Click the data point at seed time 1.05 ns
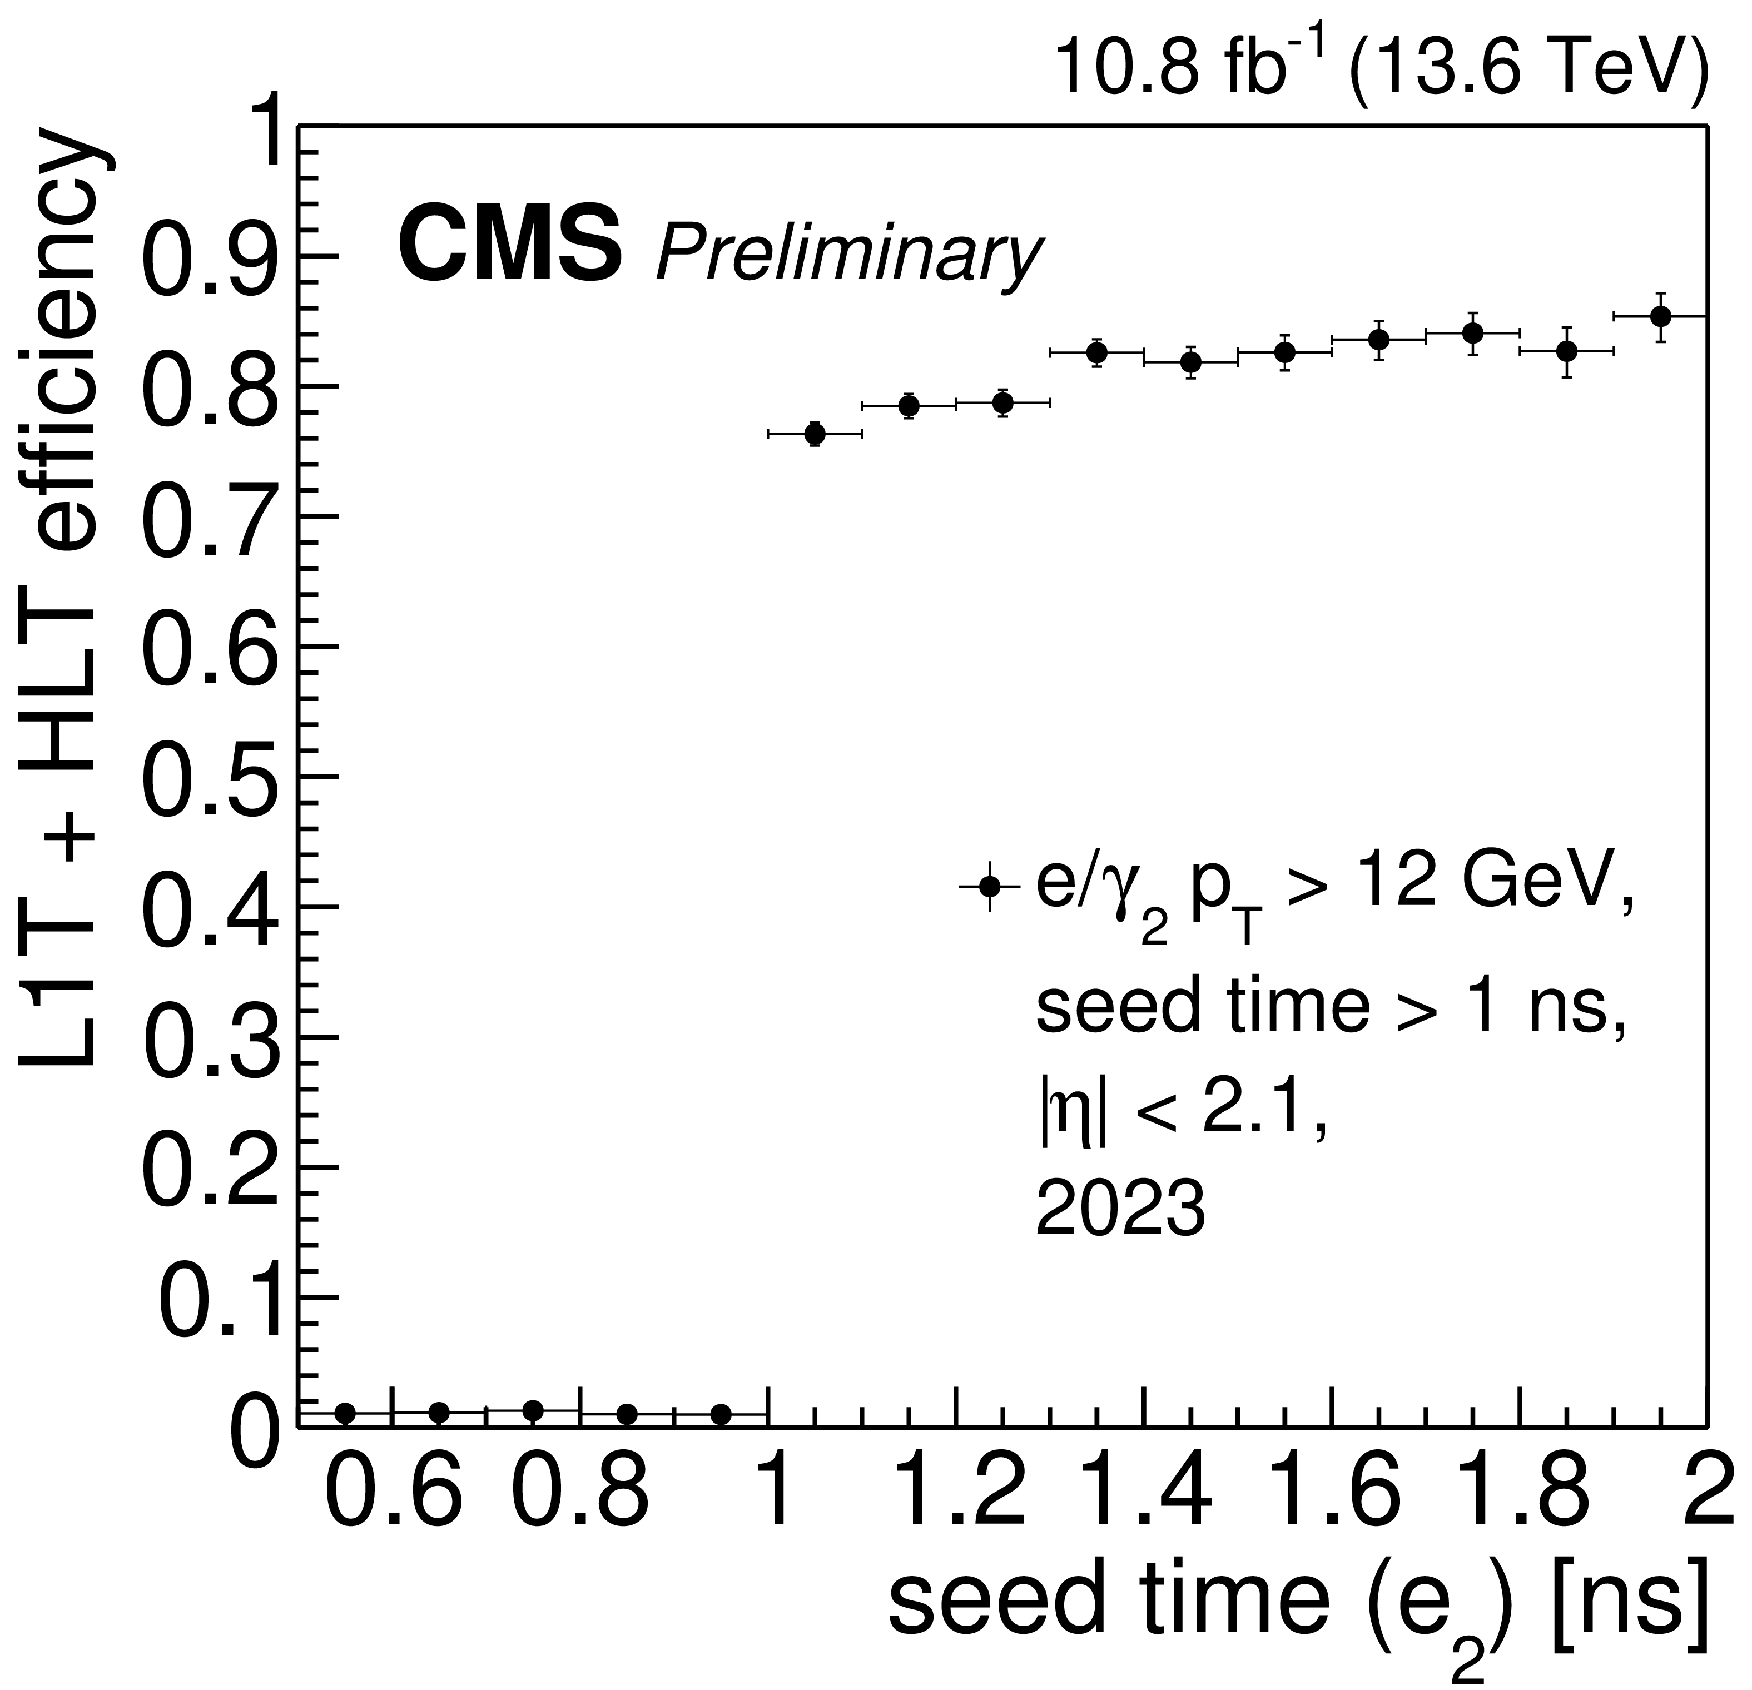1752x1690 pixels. click(815, 434)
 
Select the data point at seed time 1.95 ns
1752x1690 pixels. click(1660, 316)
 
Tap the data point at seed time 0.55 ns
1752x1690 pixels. click(345, 1413)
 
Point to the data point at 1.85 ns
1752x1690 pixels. click(1566, 352)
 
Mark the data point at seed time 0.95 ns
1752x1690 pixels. click(721, 1414)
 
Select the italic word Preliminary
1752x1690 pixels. click(849, 254)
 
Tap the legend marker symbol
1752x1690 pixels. click(989, 887)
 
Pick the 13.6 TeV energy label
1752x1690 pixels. click(1528, 67)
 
